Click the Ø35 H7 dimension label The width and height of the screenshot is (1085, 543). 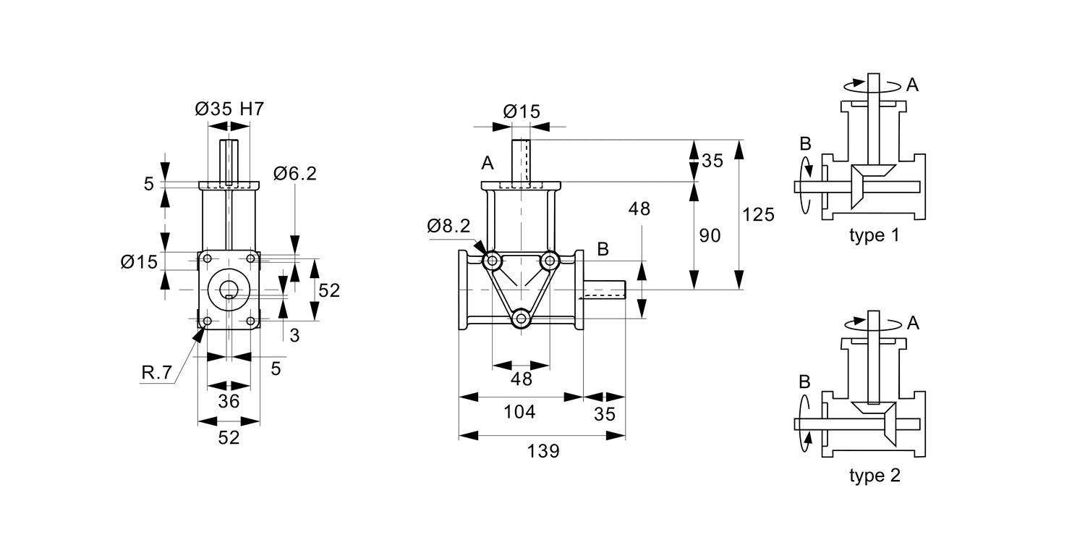229,109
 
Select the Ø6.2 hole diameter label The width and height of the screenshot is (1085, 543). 294,174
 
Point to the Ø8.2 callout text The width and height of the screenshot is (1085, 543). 448,226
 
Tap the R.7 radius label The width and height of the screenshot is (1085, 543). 157,373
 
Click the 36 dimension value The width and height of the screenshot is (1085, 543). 229,402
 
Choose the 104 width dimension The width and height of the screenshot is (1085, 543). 519,412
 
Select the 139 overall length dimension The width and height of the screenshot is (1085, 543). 542,451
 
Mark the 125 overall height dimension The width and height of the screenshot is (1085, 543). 758,214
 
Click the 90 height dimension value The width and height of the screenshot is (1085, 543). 710,235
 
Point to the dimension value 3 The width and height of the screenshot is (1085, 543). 294,335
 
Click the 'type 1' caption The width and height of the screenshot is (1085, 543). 875,235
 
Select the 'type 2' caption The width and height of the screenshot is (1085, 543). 875,476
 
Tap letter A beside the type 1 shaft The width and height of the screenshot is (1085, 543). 912,85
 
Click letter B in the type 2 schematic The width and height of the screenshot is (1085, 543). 804,382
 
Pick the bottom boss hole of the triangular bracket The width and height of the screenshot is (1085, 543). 521,318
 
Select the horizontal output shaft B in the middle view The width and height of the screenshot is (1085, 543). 605,290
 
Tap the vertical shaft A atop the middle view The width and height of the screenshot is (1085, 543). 521,160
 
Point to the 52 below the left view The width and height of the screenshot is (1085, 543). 229,437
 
